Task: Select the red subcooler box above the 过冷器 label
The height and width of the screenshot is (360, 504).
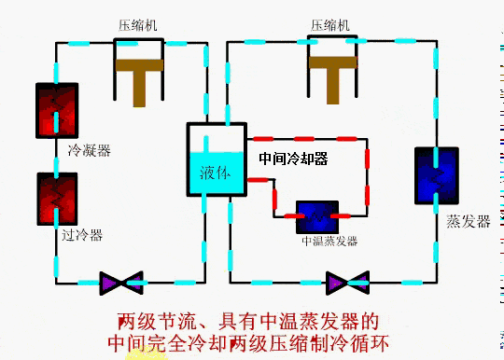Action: click(x=57, y=197)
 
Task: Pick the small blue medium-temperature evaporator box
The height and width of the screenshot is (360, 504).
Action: click(x=317, y=216)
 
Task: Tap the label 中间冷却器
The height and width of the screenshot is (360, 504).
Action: click(x=293, y=159)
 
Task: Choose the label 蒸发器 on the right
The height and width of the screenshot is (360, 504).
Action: click(x=467, y=222)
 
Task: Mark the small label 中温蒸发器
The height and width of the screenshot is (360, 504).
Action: click(x=329, y=241)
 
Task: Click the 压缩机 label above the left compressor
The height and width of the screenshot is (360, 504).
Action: click(x=137, y=25)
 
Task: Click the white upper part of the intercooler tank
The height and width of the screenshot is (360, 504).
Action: click(x=216, y=137)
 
